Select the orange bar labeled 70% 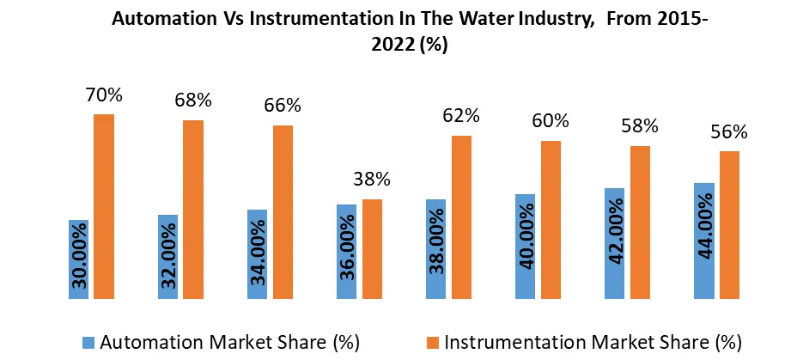click(x=104, y=207)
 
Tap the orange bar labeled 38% click(x=372, y=249)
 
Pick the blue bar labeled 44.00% click(x=703, y=241)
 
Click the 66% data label click(x=283, y=106)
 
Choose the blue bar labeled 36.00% click(x=346, y=252)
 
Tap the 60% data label click(x=551, y=121)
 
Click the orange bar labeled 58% click(x=640, y=223)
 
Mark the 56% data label click(x=729, y=132)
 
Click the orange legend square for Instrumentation click(x=435, y=342)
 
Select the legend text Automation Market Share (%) click(x=229, y=342)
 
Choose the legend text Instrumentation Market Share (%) click(x=593, y=342)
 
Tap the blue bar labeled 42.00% click(x=614, y=244)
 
